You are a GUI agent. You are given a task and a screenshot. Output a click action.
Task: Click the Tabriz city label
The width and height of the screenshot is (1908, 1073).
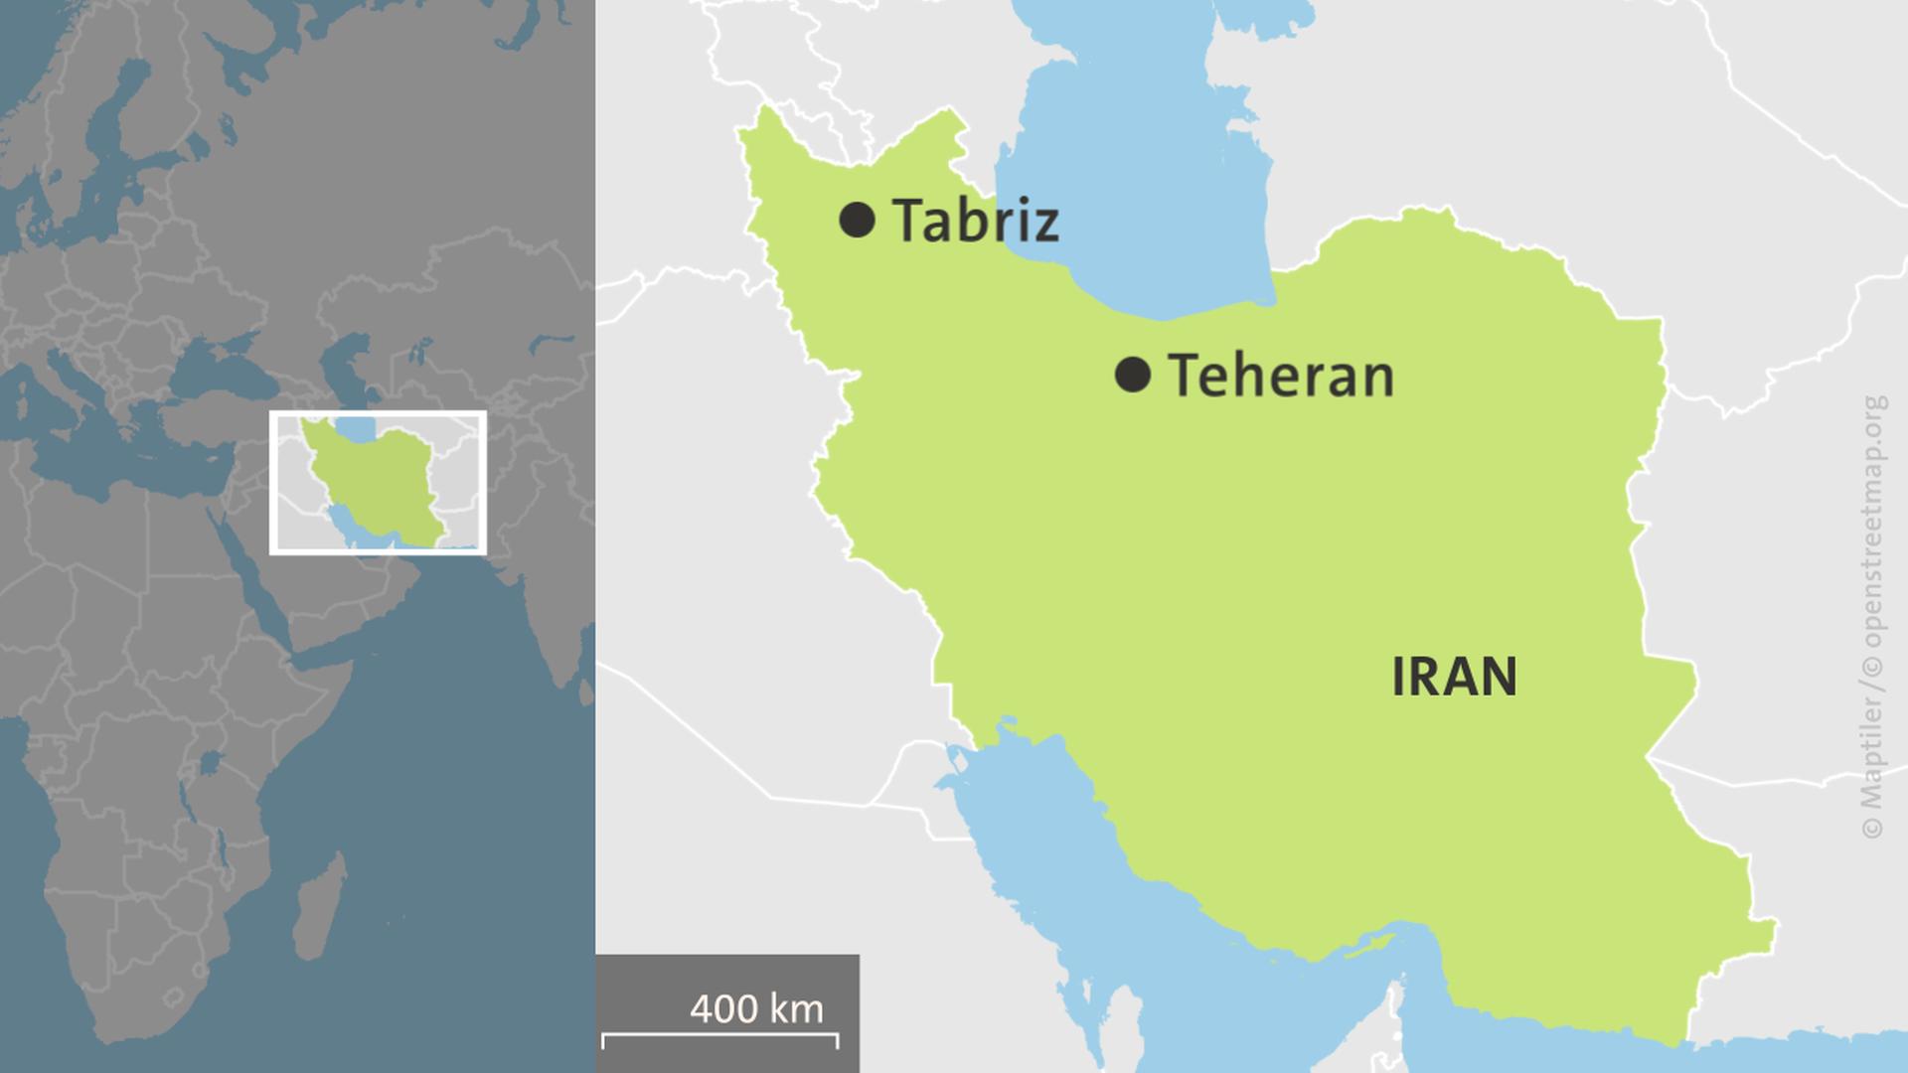[975, 221]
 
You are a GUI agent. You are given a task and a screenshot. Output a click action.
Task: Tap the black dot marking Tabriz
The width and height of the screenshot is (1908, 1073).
[857, 220]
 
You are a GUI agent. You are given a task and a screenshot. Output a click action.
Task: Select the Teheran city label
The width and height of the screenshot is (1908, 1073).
[1281, 377]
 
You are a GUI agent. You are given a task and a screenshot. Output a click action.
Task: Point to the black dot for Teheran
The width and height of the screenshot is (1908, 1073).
[1133, 376]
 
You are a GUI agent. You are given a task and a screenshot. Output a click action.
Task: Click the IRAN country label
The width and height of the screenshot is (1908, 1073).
[1454, 678]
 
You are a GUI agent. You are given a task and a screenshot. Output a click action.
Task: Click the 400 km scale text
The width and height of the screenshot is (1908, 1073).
[756, 1009]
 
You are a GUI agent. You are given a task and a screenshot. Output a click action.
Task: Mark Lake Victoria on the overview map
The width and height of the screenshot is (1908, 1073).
[209, 764]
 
